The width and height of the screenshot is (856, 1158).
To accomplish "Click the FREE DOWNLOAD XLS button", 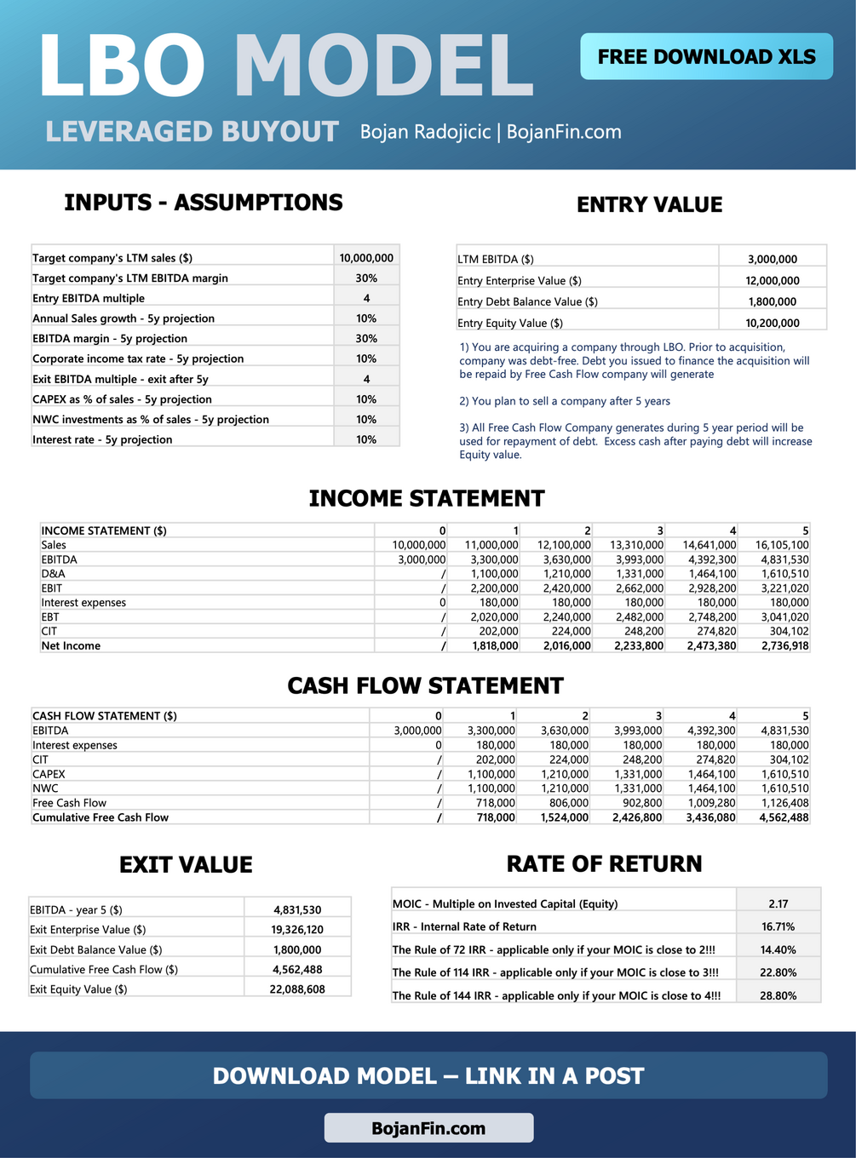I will click(x=706, y=56).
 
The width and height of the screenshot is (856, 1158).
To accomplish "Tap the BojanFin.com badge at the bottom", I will click(x=428, y=1128).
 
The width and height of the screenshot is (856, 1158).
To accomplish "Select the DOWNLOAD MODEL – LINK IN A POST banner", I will click(x=428, y=1075).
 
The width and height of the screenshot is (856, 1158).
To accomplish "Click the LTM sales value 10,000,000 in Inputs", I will click(x=366, y=258).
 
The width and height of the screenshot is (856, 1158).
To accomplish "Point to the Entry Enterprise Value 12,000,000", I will click(x=773, y=281).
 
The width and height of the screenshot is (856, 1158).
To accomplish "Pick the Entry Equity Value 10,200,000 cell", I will click(x=773, y=323).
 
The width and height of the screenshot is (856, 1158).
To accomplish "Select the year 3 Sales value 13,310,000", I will click(x=636, y=545).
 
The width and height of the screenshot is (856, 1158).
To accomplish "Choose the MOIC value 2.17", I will click(x=778, y=903).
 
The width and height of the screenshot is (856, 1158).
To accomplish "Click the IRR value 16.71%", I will click(x=778, y=926).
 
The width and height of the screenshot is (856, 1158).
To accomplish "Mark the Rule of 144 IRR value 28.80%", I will click(x=778, y=995).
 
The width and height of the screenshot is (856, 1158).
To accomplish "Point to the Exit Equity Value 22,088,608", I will click(x=297, y=989).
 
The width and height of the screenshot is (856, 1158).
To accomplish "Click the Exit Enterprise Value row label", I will click(x=88, y=930).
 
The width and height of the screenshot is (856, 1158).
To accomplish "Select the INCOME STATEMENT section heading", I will click(x=427, y=498).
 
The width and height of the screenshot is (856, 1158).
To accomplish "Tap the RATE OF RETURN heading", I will click(x=604, y=863).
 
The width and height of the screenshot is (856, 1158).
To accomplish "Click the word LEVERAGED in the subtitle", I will click(x=129, y=132).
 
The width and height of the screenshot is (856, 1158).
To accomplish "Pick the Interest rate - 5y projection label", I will click(x=102, y=439).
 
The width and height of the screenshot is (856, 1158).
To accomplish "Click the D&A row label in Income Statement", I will click(x=53, y=574).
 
